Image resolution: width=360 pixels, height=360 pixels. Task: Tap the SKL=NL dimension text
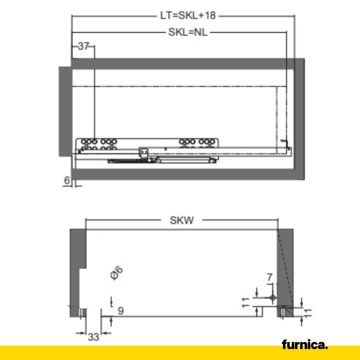pos(188,33)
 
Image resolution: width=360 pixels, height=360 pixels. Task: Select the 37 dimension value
pos(83,46)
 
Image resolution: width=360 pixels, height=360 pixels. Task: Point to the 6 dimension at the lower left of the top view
pos(66,180)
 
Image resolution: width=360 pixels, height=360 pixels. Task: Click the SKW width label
pos(182,220)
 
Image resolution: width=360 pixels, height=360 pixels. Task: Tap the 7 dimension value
pos(269,277)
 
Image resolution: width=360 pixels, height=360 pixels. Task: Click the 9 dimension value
pos(121,311)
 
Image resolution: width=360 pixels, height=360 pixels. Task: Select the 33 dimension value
pos(93,337)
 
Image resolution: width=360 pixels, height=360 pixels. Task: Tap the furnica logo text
pos(304,345)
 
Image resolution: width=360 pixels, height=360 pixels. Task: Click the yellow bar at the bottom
pos(141,353)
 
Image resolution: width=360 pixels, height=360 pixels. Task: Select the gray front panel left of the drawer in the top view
pos(65,111)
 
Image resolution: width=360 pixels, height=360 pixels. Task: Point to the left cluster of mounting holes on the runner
pos(99,144)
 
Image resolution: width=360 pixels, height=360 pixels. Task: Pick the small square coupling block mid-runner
pos(144,152)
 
